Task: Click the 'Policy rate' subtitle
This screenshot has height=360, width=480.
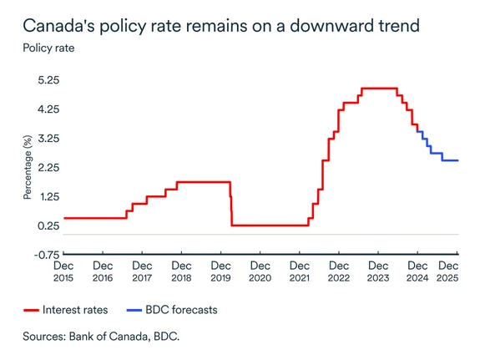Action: [x=48, y=48]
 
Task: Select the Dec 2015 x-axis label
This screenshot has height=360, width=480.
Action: [x=63, y=271]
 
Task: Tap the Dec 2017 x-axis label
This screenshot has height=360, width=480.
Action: [x=142, y=271]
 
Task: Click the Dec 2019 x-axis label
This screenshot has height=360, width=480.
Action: [x=220, y=271]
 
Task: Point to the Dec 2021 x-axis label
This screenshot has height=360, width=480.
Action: [x=299, y=271]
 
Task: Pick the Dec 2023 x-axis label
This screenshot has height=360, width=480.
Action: [x=377, y=271]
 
